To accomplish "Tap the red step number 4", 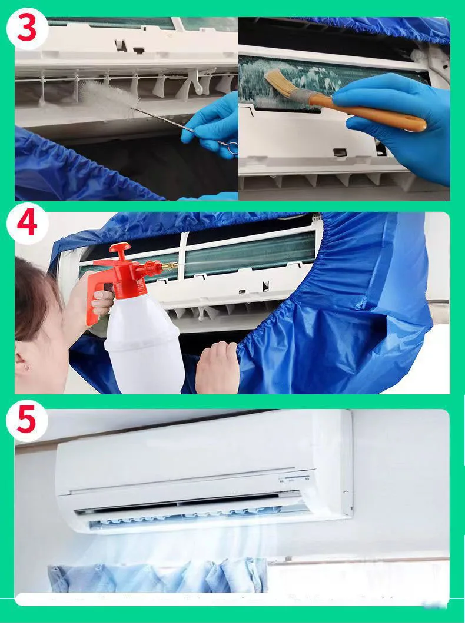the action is point(27,224).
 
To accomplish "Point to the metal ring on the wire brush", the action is point(233,148).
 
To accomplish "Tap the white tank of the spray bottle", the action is point(144,343).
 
